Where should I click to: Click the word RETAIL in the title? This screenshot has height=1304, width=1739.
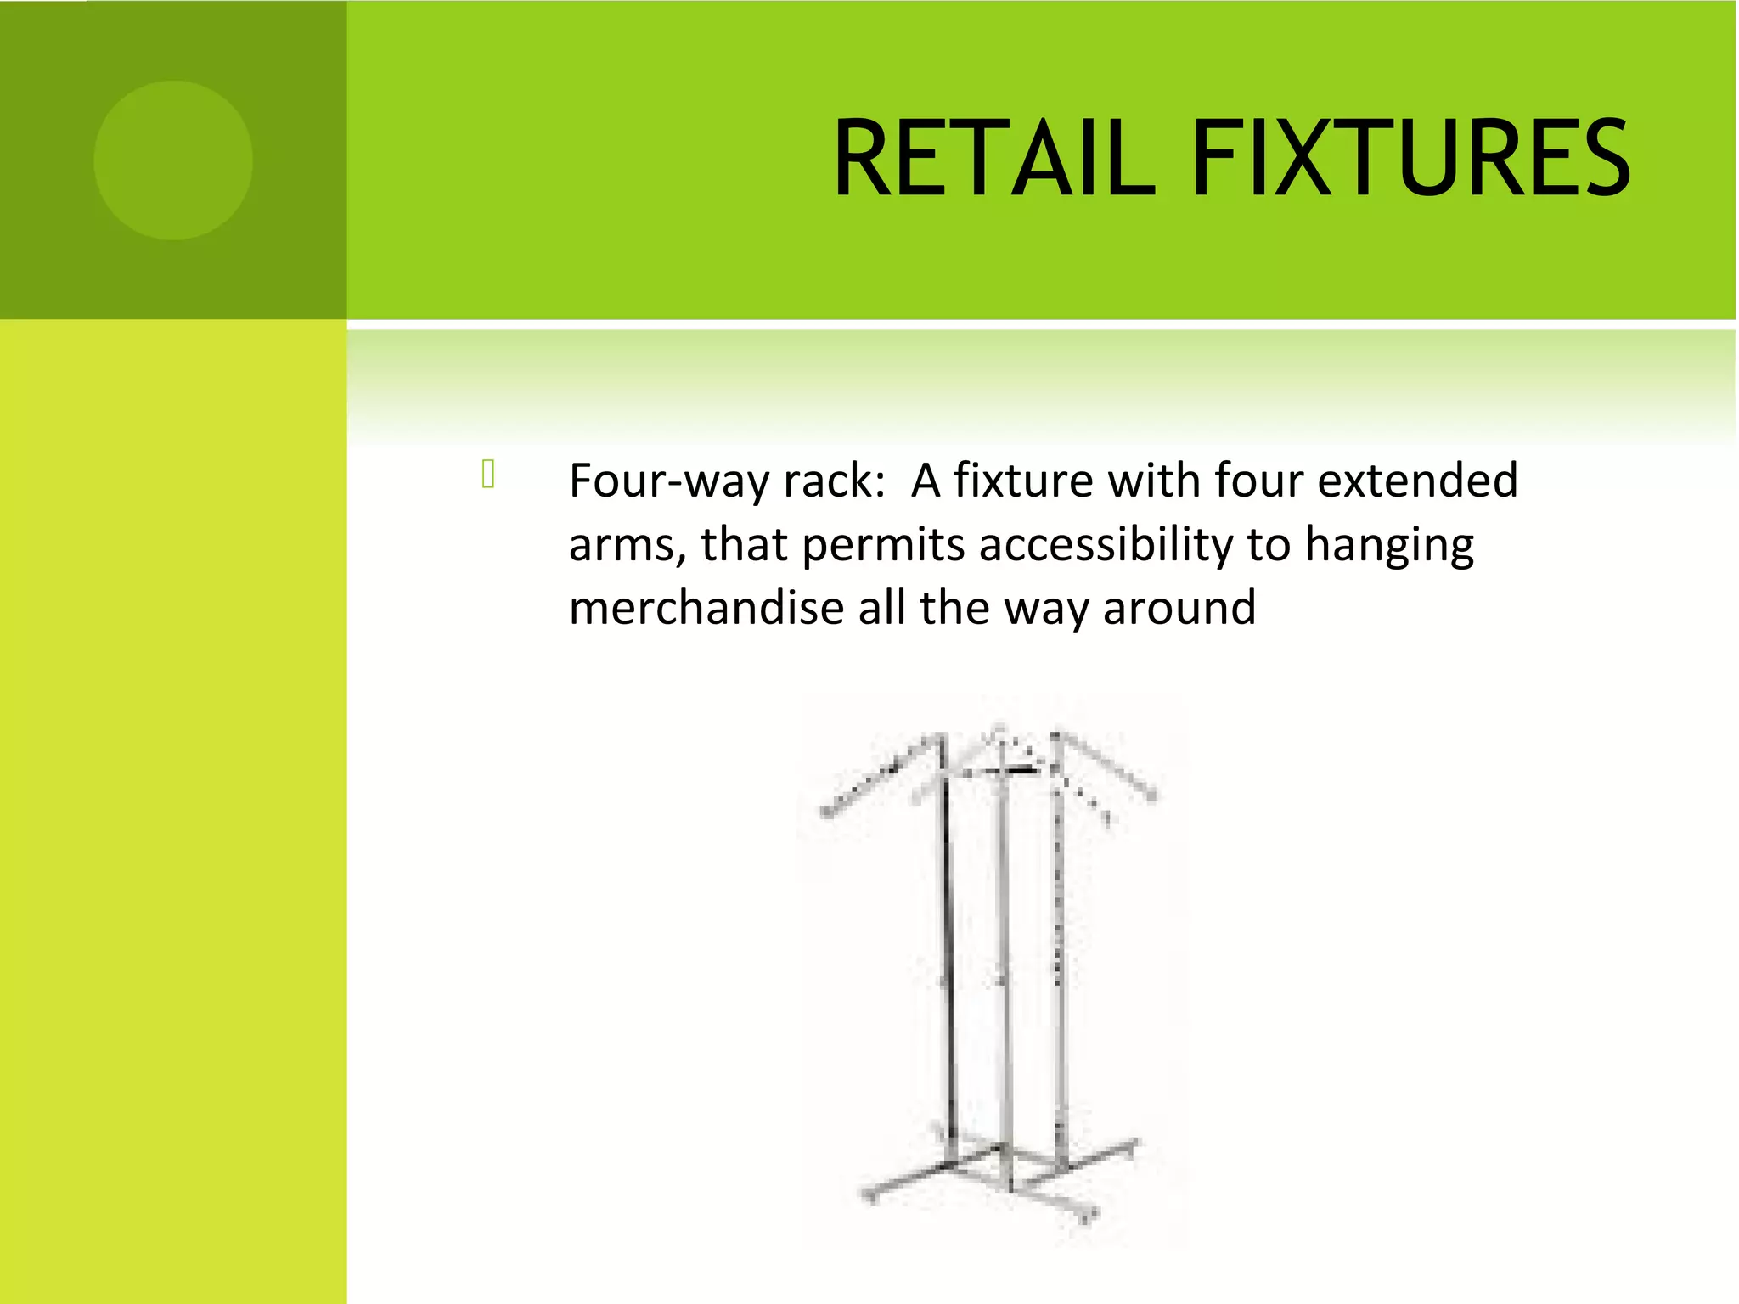993,159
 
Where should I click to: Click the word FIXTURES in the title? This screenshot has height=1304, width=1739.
1410,159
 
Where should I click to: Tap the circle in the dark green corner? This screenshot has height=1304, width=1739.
173,160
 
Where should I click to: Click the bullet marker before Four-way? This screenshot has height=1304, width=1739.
488,474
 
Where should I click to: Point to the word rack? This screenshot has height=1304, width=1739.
836,481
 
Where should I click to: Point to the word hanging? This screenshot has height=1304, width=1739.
1389,546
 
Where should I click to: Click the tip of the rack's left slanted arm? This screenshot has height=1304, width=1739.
826,813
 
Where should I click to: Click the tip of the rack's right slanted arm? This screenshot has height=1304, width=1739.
1152,796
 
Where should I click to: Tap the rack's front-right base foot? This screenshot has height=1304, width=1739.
1089,1217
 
